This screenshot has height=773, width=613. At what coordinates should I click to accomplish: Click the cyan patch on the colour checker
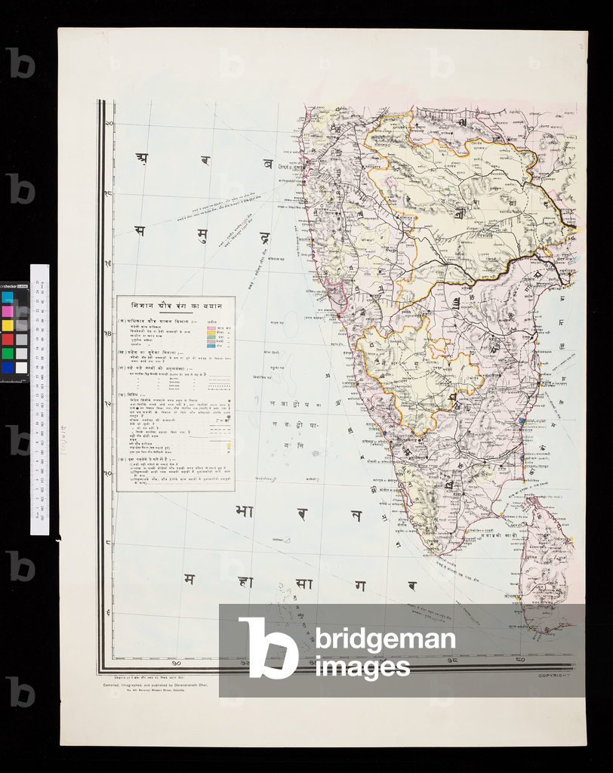point(8,297)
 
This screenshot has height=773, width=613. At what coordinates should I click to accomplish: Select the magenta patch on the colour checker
point(8,311)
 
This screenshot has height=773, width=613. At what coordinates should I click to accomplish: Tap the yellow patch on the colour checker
point(8,325)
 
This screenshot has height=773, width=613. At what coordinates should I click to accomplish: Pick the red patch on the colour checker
point(8,339)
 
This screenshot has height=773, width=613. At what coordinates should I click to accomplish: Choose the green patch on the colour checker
point(8,353)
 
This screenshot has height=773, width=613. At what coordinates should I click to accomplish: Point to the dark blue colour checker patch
point(8,368)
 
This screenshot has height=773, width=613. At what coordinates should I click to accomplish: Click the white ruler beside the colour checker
point(39,400)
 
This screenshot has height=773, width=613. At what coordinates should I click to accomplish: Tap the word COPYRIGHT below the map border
point(559,676)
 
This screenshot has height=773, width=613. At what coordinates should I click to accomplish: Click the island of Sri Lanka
point(545,562)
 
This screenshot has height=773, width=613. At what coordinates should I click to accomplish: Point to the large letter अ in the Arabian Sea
point(141,158)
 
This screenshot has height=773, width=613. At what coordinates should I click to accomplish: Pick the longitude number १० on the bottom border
point(175,664)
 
